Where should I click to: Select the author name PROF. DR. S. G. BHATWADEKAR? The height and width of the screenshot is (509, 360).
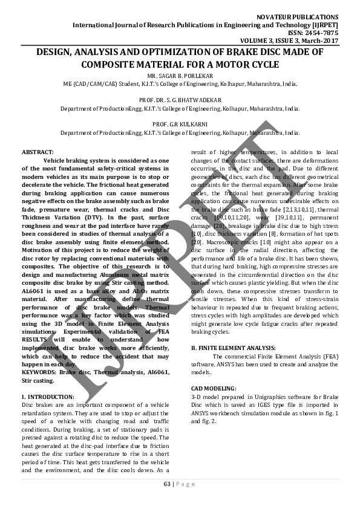click(180, 100)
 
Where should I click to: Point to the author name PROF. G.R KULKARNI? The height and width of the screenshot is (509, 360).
click(180, 123)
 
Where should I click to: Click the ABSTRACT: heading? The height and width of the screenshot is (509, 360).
click(38, 152)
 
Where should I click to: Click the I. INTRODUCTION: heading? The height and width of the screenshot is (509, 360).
click(47, 396)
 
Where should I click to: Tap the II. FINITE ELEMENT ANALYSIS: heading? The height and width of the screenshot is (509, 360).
click(234, 348)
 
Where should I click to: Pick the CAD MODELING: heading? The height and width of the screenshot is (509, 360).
click(214, 387)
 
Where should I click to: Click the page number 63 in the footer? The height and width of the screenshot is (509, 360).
click(167, 484)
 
